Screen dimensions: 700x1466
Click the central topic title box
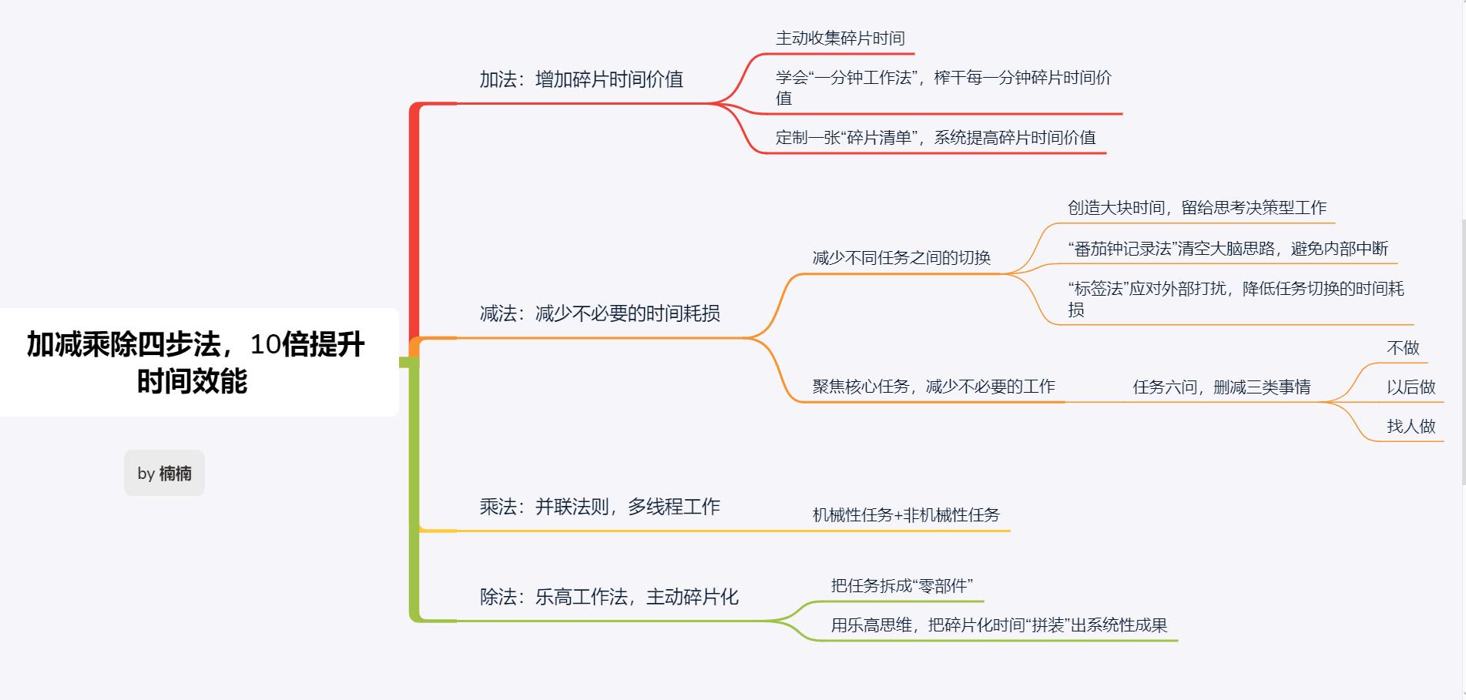click(196, 363)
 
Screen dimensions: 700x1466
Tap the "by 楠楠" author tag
click(164, 473)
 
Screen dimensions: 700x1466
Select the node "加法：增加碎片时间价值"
click(581, 79)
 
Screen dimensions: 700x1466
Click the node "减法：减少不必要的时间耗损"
click(599, 313)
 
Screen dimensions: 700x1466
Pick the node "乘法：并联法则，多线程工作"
click(599, 507)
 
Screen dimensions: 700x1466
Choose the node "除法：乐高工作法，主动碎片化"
click(609, 597)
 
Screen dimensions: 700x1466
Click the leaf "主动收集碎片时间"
click(840, 39)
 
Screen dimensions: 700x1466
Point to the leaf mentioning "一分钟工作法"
click(943, 87)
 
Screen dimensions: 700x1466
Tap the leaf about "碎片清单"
click(935, 138)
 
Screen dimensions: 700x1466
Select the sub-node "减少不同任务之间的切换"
click(901, 258)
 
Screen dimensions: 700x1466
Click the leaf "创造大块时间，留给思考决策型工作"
click(1196, 208)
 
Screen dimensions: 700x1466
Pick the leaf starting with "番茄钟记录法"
click(1227, 249)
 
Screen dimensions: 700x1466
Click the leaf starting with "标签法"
click(1235, 298)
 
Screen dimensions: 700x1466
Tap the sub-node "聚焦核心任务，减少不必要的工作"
click(933, 387)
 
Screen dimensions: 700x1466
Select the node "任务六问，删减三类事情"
click(1221, 387)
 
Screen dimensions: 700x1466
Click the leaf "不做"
click(1403, 348)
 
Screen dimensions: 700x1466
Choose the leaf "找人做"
click(1411, 427)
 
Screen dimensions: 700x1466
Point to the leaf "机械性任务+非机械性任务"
click(906, 515)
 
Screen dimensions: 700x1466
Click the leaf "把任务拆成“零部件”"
click(901, 586)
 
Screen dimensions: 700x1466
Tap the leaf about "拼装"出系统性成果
click(998, 625)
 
